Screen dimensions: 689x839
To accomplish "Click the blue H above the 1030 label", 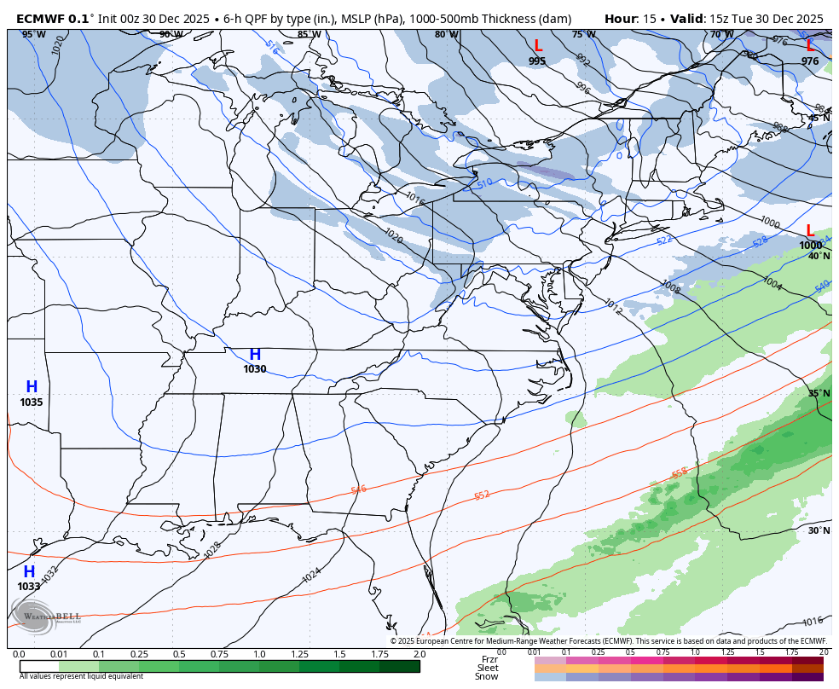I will coord(254,355).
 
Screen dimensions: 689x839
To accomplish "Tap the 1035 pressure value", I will coord(32,402).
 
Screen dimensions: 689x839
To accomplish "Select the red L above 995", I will coord(537,46).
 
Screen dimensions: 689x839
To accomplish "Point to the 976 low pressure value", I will coord(809,61).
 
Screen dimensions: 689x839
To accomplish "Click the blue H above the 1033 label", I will coord(29,572).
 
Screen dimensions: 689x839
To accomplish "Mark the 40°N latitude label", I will coord(819,256).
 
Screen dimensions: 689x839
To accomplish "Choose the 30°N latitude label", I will coord(819,530).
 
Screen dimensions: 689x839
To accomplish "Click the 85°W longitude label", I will coord(309,35).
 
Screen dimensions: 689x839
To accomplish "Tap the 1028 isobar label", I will coord(213,550).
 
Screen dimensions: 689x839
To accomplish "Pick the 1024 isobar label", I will coord(312,576).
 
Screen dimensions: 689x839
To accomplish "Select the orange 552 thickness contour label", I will coord(482,495).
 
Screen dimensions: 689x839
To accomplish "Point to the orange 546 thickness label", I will coord(358,489).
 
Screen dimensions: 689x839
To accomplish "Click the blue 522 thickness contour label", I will coord(665,240).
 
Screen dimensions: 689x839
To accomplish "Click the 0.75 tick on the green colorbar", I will coord(219,654).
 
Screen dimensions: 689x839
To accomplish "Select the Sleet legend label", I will coord(488,668).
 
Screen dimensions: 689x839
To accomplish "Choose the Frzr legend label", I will coord(489,659).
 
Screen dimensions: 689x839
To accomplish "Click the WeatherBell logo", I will coord(47,615).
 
